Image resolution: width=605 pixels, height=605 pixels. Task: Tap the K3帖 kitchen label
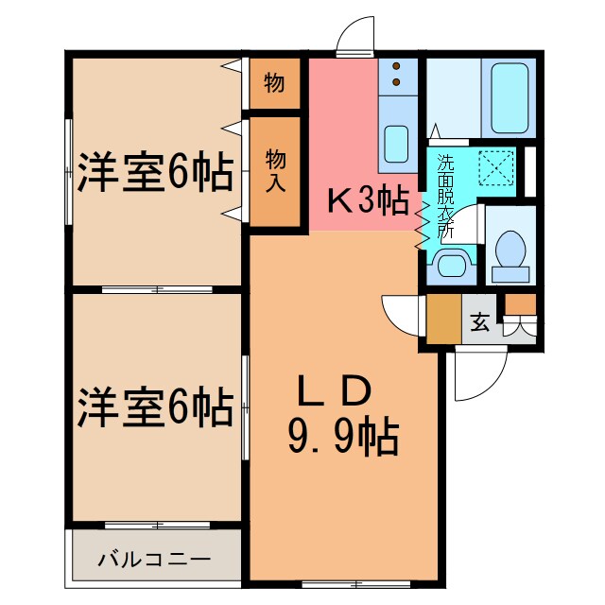pos(368,200)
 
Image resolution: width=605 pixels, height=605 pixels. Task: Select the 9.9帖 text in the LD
pos(341,437)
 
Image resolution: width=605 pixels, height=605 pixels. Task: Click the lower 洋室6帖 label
pos(155,408)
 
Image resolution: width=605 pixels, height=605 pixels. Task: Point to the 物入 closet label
pos(275,170)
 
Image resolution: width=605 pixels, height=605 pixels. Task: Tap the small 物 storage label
pos(275,83)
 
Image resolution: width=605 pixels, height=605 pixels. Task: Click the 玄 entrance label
pos(480,322)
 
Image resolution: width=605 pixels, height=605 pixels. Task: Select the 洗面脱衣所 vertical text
pos(444,194)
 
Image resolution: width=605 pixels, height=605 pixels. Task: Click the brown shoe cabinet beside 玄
pos(442,320)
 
